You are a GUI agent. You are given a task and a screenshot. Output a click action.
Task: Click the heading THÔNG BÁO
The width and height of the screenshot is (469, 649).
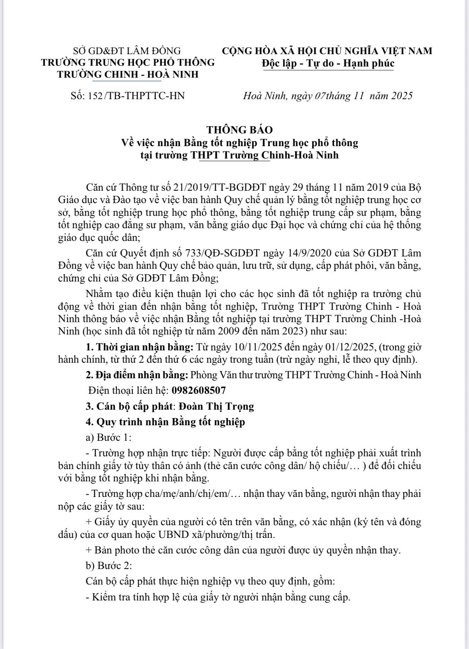(x=239, y=130)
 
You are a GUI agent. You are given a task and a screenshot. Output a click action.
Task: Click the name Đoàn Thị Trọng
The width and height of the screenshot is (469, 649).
(x=216, y=406)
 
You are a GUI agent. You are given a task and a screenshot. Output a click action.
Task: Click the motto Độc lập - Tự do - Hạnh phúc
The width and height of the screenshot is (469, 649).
(x=328, y=63)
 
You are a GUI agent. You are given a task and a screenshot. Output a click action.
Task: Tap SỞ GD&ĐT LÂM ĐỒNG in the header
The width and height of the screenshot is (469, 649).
(x=127, y=51)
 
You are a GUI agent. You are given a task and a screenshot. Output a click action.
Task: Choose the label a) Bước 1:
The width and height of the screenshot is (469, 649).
(x=108, y=437)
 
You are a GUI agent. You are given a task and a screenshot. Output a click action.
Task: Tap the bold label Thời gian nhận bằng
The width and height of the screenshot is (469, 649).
(x=145, y=347)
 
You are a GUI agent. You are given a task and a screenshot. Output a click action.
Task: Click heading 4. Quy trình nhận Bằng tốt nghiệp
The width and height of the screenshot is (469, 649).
(x=165, y=422)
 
